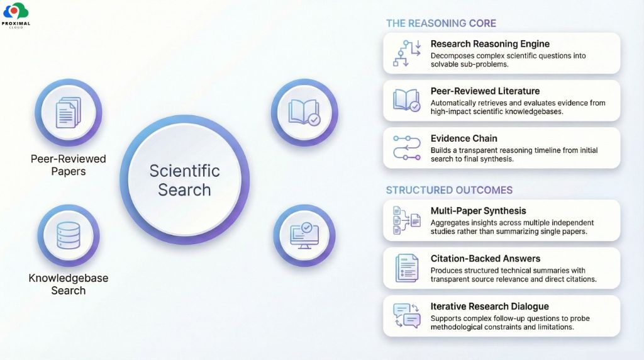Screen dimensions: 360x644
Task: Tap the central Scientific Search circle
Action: pos(184,180)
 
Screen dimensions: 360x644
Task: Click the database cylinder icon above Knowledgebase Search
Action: pos(68,235)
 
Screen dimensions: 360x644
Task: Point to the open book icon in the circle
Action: pos(304,111)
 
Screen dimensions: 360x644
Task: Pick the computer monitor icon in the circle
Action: pos(304,235)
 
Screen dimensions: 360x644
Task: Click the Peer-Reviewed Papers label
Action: pos(68,165)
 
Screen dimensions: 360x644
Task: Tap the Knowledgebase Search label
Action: pos(69,284)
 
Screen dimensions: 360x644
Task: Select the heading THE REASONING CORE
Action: pos(441,23)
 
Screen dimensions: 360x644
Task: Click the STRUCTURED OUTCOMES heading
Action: pos(449,190)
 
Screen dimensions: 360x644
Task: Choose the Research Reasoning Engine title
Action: pos(490,44)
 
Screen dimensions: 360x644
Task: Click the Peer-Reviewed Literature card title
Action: pos(485,91)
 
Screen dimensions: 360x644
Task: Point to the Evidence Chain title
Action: pos(464,138)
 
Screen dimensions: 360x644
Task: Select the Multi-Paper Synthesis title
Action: pos(478,211)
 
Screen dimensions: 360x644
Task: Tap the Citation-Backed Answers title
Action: pos(485,259)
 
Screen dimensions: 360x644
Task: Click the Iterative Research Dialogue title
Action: pos(489,307)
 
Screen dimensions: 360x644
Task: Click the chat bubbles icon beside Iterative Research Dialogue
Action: pos(406,315)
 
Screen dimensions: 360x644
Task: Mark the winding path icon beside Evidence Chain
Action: pos(406,147)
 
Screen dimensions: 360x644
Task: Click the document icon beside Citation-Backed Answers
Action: pos(406,267)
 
